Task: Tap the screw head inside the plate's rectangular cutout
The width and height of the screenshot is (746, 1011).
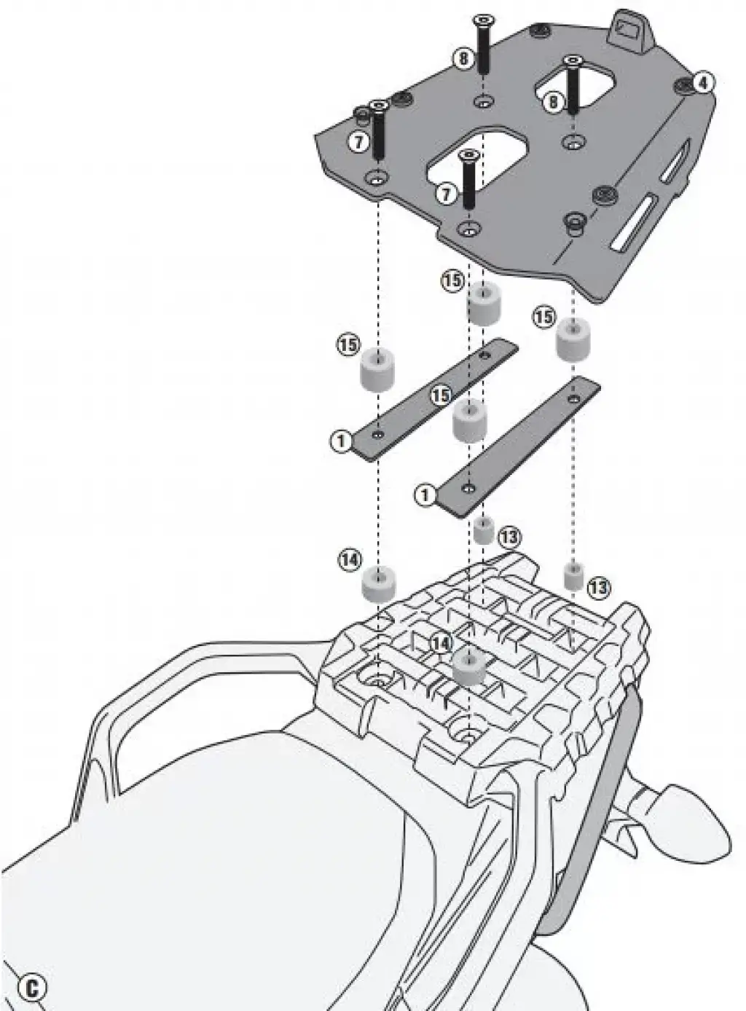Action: click(x=574, y=61)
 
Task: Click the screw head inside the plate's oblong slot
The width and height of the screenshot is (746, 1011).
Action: click(x=468, y=154)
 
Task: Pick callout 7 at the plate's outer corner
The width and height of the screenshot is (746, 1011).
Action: click(x=358, y=141)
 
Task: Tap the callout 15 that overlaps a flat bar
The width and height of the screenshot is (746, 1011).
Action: click(x=440, y=395)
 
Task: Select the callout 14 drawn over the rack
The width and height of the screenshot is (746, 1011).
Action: click(x=440, y=642)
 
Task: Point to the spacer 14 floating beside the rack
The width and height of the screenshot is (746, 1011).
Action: click(x=379, y=583)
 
